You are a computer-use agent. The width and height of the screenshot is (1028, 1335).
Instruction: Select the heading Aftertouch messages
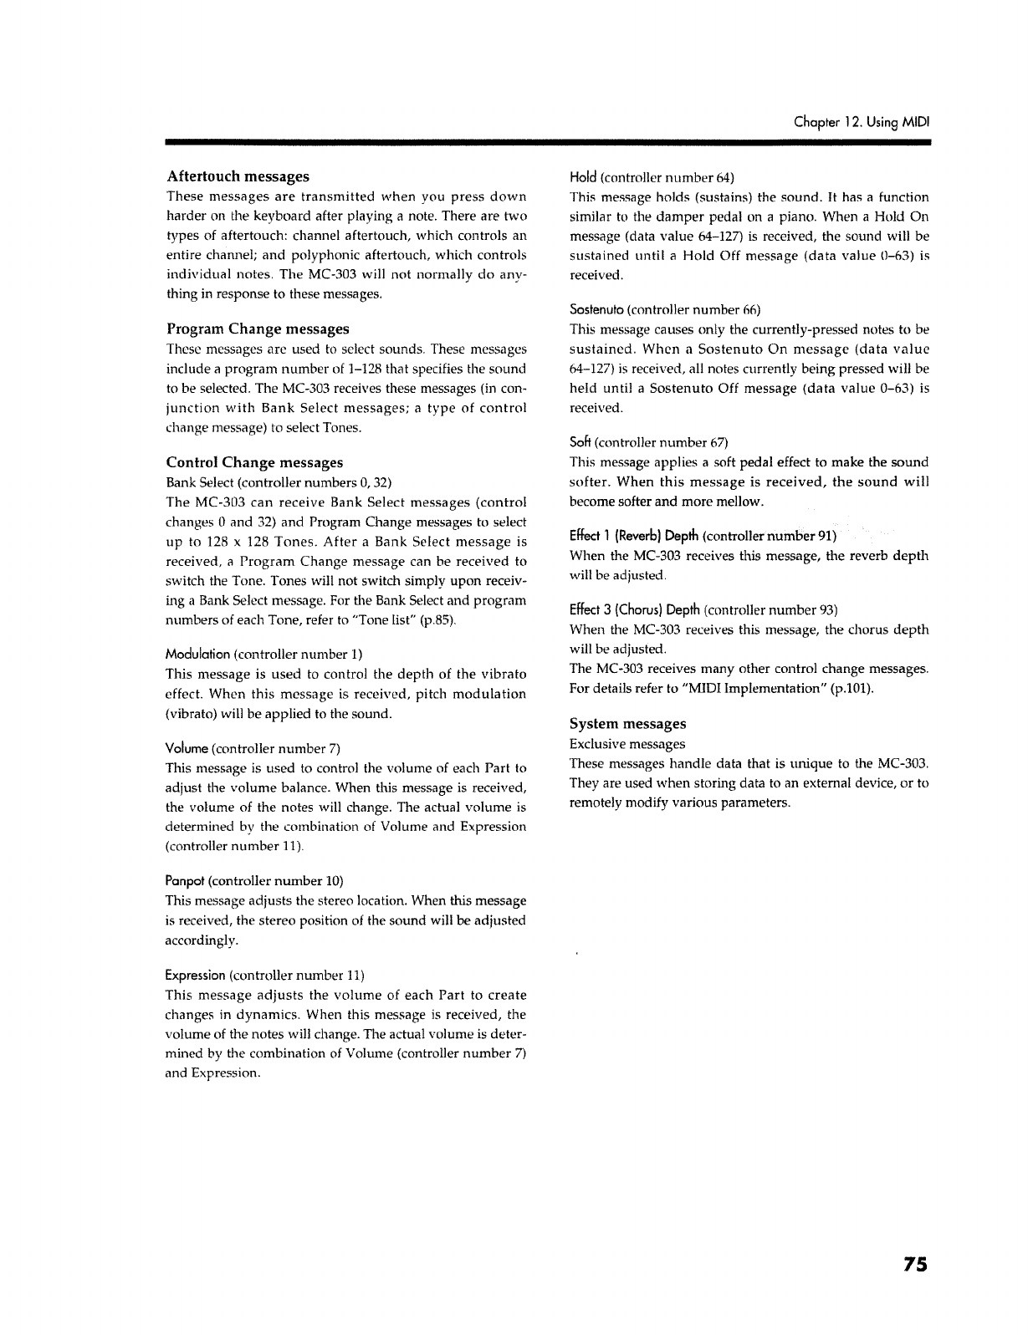coord(238,176)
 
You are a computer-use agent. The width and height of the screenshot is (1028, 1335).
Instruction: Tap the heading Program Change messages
coord(258,329)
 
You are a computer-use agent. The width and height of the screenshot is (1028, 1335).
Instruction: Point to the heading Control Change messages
coord(254,462)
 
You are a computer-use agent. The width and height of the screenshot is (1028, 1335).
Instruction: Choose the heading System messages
coord(627,723)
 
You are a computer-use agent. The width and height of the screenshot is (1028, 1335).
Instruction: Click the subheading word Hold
coord(583,177)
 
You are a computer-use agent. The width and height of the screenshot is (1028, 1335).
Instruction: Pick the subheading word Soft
coord(580,442)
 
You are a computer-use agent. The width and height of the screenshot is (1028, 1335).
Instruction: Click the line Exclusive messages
coord(627,744)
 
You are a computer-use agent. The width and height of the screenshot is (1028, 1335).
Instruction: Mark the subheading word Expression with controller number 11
coord(196,976)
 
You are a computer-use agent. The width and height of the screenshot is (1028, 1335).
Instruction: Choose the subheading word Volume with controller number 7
coord(187,748)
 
